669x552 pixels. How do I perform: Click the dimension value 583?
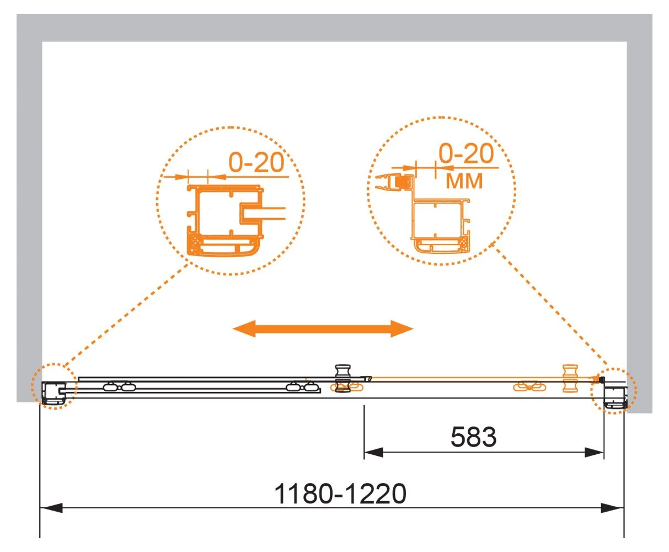473,437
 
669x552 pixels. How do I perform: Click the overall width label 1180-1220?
340,494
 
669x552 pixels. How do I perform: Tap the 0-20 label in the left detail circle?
256,162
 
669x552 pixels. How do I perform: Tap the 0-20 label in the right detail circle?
466,153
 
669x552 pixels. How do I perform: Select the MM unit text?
464,181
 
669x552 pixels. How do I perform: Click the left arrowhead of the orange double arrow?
244,328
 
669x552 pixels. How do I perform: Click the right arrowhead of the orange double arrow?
402,328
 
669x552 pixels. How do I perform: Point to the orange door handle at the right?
570,379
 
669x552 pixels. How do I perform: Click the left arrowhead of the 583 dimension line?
373,453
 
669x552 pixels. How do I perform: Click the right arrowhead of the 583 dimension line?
595,453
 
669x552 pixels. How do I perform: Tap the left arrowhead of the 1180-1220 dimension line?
51,508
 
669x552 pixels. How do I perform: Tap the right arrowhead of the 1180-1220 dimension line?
613,508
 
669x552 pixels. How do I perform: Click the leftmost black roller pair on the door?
120,387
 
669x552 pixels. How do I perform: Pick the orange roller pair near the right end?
529,387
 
